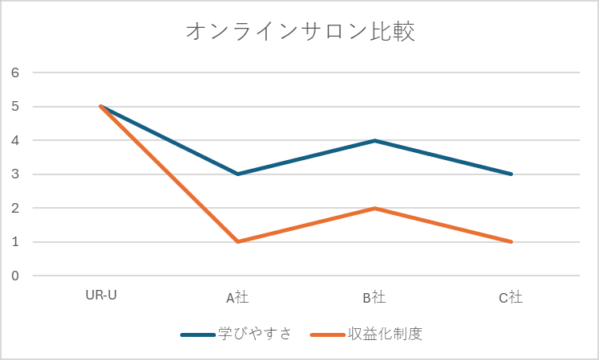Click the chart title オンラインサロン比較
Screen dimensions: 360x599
tap(300, 32)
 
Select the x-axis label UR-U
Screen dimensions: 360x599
tap(101, 295)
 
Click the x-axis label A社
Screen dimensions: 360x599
tap(237, 298)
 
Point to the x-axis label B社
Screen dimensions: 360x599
tap(374, 298)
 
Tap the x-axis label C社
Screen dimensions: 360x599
tap(511, 298)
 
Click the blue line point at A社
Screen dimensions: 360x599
tap(237, 174)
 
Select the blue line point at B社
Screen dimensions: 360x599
tap(374, 140)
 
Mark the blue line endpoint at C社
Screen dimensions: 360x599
tap(511, 174)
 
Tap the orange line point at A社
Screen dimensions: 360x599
tap(237, 241)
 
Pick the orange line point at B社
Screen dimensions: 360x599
tap(374, 208)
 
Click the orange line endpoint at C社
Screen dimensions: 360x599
tap(511, 241)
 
